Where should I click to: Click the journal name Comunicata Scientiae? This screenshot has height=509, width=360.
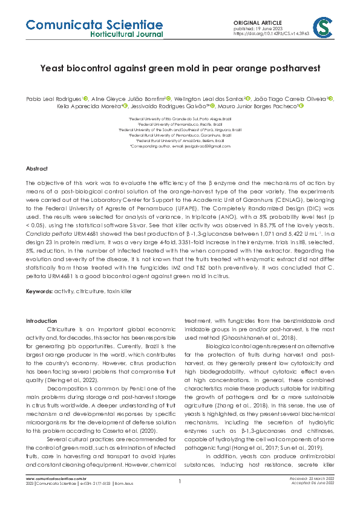tap(94, 24)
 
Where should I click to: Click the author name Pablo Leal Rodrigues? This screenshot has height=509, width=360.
tap(54, 98)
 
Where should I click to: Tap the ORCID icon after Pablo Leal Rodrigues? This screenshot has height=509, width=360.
tap(85, 98)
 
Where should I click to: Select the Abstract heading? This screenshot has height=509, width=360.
tap(36, 167)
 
